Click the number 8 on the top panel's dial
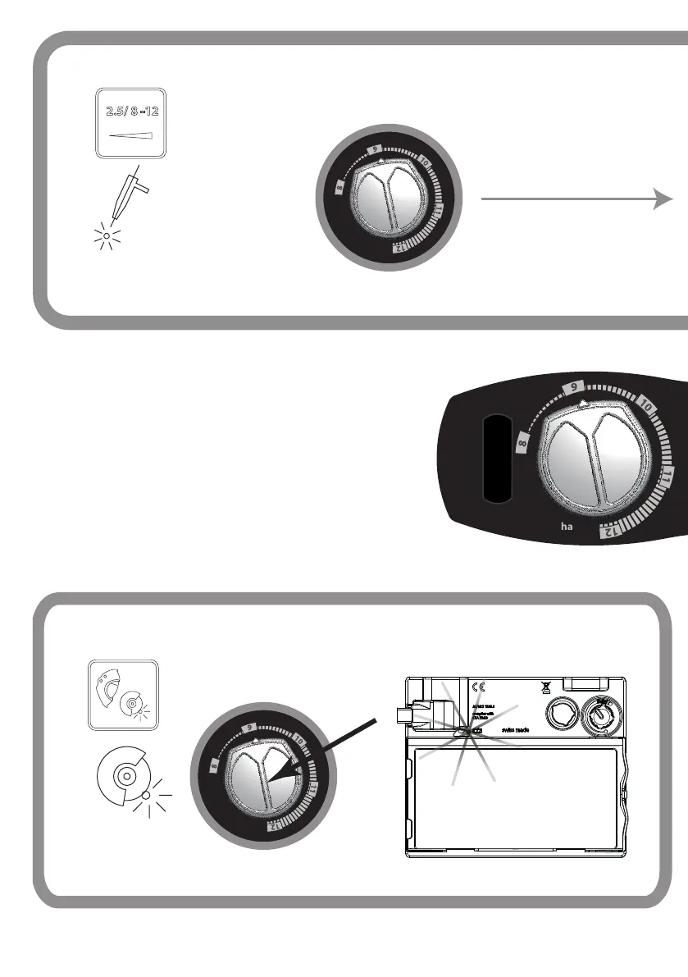coord(338,191)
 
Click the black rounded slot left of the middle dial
coord(497,460)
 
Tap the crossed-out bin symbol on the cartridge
coord(544,687)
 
